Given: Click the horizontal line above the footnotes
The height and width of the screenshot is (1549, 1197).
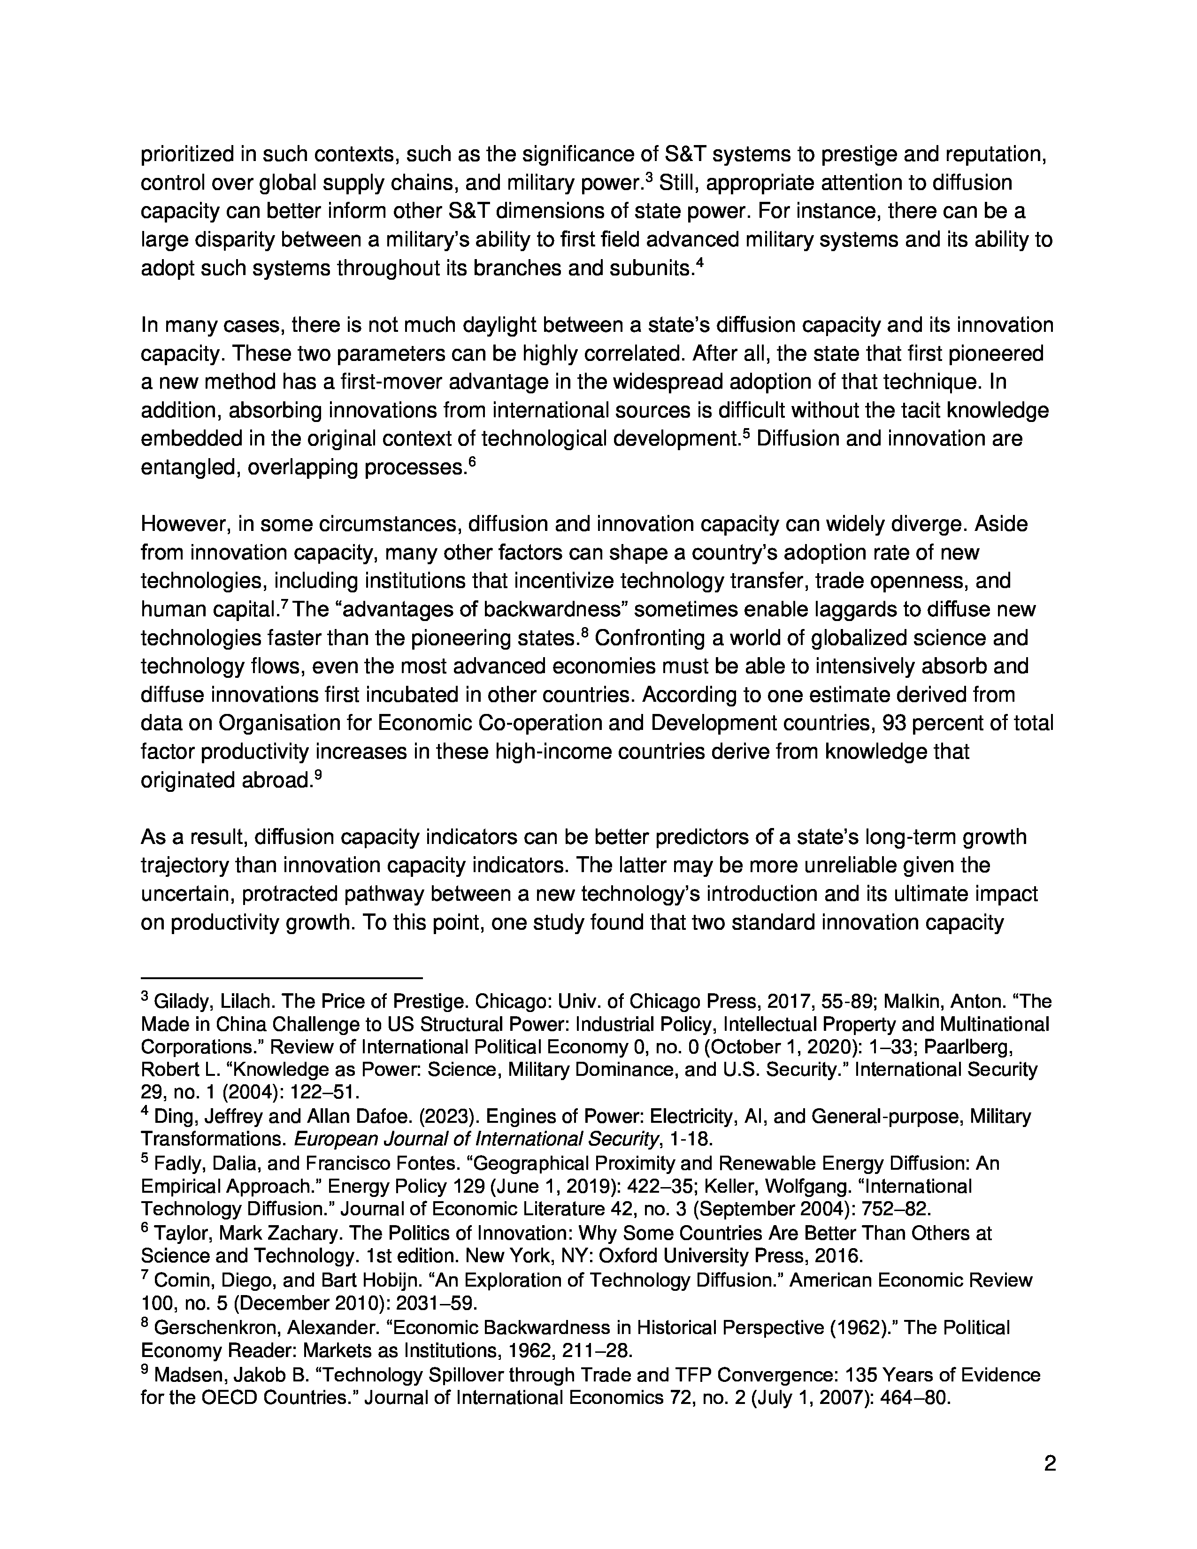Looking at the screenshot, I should click(282, 978).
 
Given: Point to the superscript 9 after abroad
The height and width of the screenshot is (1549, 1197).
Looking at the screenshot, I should click(318, 775).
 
